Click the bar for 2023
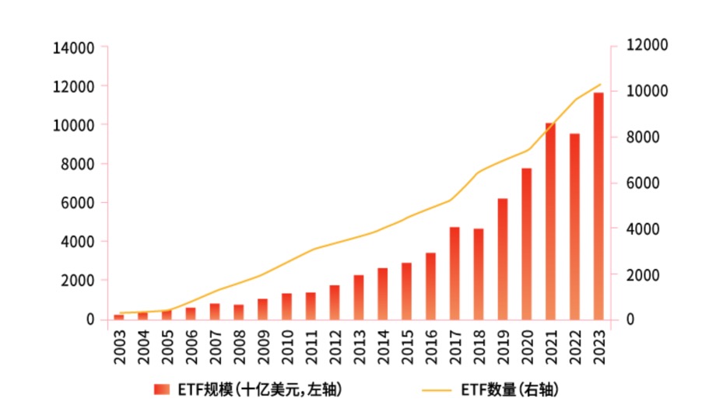click(x=598, y=206)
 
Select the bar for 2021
click(x=550, y=221)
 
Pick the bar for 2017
click(x=455, y=273)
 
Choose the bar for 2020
click(x=526, y=243)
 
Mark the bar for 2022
click(x=574, y=226)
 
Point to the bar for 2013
click(x=359, y=297)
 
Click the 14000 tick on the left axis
click(x=74, y=48)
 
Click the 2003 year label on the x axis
click(x=119, y=347)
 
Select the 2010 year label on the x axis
click(x=287, y=347)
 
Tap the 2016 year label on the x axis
click(x=430, y=347)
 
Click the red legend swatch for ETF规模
click(x=161, y=389)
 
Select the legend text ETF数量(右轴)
click(x=510, y=389)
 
